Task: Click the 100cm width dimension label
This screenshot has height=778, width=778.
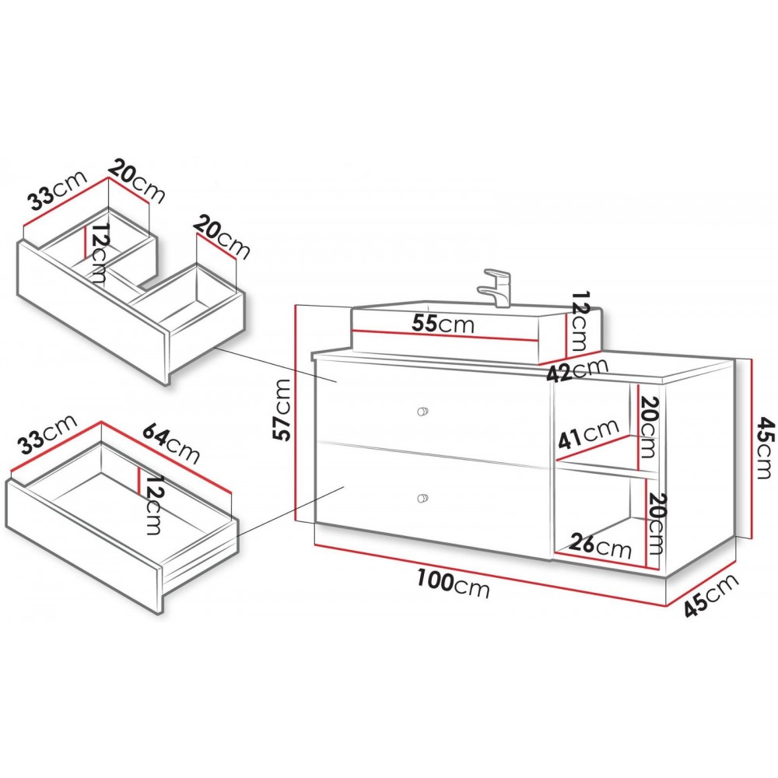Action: point(453,583)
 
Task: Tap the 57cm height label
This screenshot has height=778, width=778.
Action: point(282,410)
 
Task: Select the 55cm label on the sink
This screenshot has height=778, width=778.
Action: point(443,324)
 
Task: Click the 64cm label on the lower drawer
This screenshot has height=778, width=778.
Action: point(171,444)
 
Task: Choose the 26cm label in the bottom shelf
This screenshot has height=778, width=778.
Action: point(601,545)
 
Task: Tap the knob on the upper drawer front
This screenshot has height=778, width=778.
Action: point(422,411)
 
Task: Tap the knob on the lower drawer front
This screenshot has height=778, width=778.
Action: point(422,498)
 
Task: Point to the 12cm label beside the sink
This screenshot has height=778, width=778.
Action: point(579,321)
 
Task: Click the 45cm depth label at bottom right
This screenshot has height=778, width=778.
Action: point(711,595)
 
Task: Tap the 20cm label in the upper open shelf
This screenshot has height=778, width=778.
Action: point(647,428)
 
